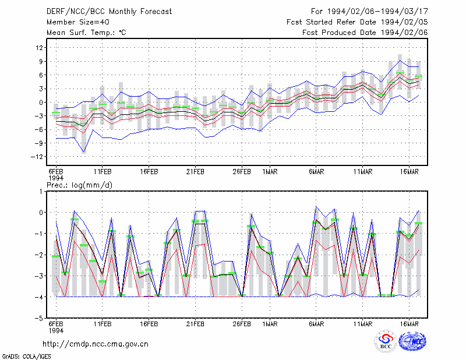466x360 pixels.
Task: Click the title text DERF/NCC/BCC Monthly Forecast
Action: coord(109,12)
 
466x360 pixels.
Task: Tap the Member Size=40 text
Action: coord(78,22)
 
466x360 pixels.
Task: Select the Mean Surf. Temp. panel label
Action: coord(86,33)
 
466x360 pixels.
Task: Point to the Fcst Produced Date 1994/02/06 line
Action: coord(365,33)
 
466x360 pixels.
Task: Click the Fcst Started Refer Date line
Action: coord(357,22)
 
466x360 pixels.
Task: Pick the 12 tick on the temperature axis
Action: coord(40,48)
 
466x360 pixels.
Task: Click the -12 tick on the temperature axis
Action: coord(37,157)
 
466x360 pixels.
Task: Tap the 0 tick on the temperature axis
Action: coord(41,103)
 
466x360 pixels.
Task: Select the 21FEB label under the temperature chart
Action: coord(195,172)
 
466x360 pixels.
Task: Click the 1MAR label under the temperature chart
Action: coord(270,172)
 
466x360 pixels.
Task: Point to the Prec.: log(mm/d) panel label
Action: coord(79,185)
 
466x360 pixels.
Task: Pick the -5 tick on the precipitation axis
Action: coord(39,318)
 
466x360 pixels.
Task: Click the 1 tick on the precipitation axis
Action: coord(41,192)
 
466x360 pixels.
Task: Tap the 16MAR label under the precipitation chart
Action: coord(409,324)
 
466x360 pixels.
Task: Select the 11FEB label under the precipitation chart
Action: coord(103,324)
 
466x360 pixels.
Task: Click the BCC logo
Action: coord(386,341)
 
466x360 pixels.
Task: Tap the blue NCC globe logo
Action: coord(412,341)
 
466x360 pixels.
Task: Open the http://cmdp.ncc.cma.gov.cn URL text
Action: coord(96,344)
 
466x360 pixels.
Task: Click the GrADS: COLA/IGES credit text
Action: coord(26,357)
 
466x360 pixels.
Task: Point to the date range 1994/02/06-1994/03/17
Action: coord(377,12)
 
